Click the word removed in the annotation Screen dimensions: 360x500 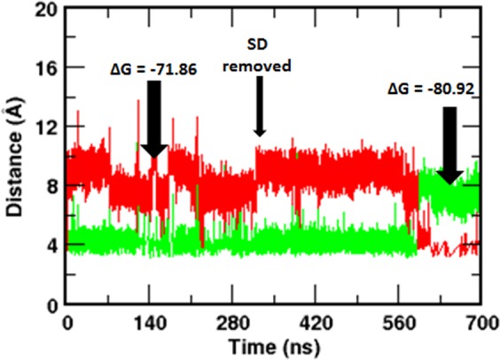point(260,64)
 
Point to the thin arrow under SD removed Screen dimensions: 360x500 point(260,106)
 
